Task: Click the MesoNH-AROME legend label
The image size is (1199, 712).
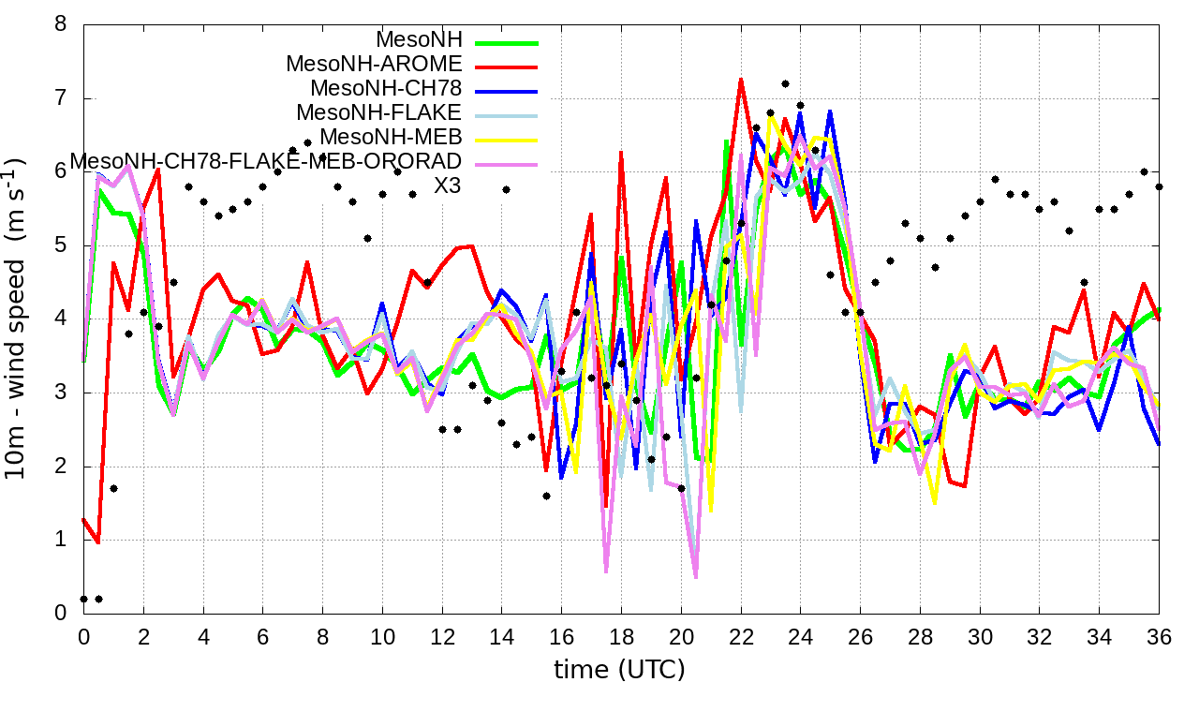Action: pos(374,65)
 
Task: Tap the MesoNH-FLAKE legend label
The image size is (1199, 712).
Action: pos(379,113)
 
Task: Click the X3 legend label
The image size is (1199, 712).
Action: pos(448,186)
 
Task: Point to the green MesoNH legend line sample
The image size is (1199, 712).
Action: pos(507,42)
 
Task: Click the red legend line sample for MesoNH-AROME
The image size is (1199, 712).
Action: pos(507,67)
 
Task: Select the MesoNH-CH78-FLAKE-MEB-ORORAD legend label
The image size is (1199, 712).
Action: pos(266,162)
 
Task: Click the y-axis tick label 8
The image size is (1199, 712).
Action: pos(61,24)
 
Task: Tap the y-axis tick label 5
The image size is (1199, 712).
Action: pos(61,245)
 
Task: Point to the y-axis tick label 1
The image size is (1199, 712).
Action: pos(61,540)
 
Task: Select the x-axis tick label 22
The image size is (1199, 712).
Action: pos(741,634)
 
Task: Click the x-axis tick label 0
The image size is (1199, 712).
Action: pos(83,634)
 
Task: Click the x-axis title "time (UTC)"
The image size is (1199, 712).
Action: pos(620,669)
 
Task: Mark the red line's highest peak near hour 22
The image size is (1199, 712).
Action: pos(741,80)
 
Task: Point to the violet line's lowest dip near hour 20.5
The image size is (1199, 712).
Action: pos(696,577)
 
